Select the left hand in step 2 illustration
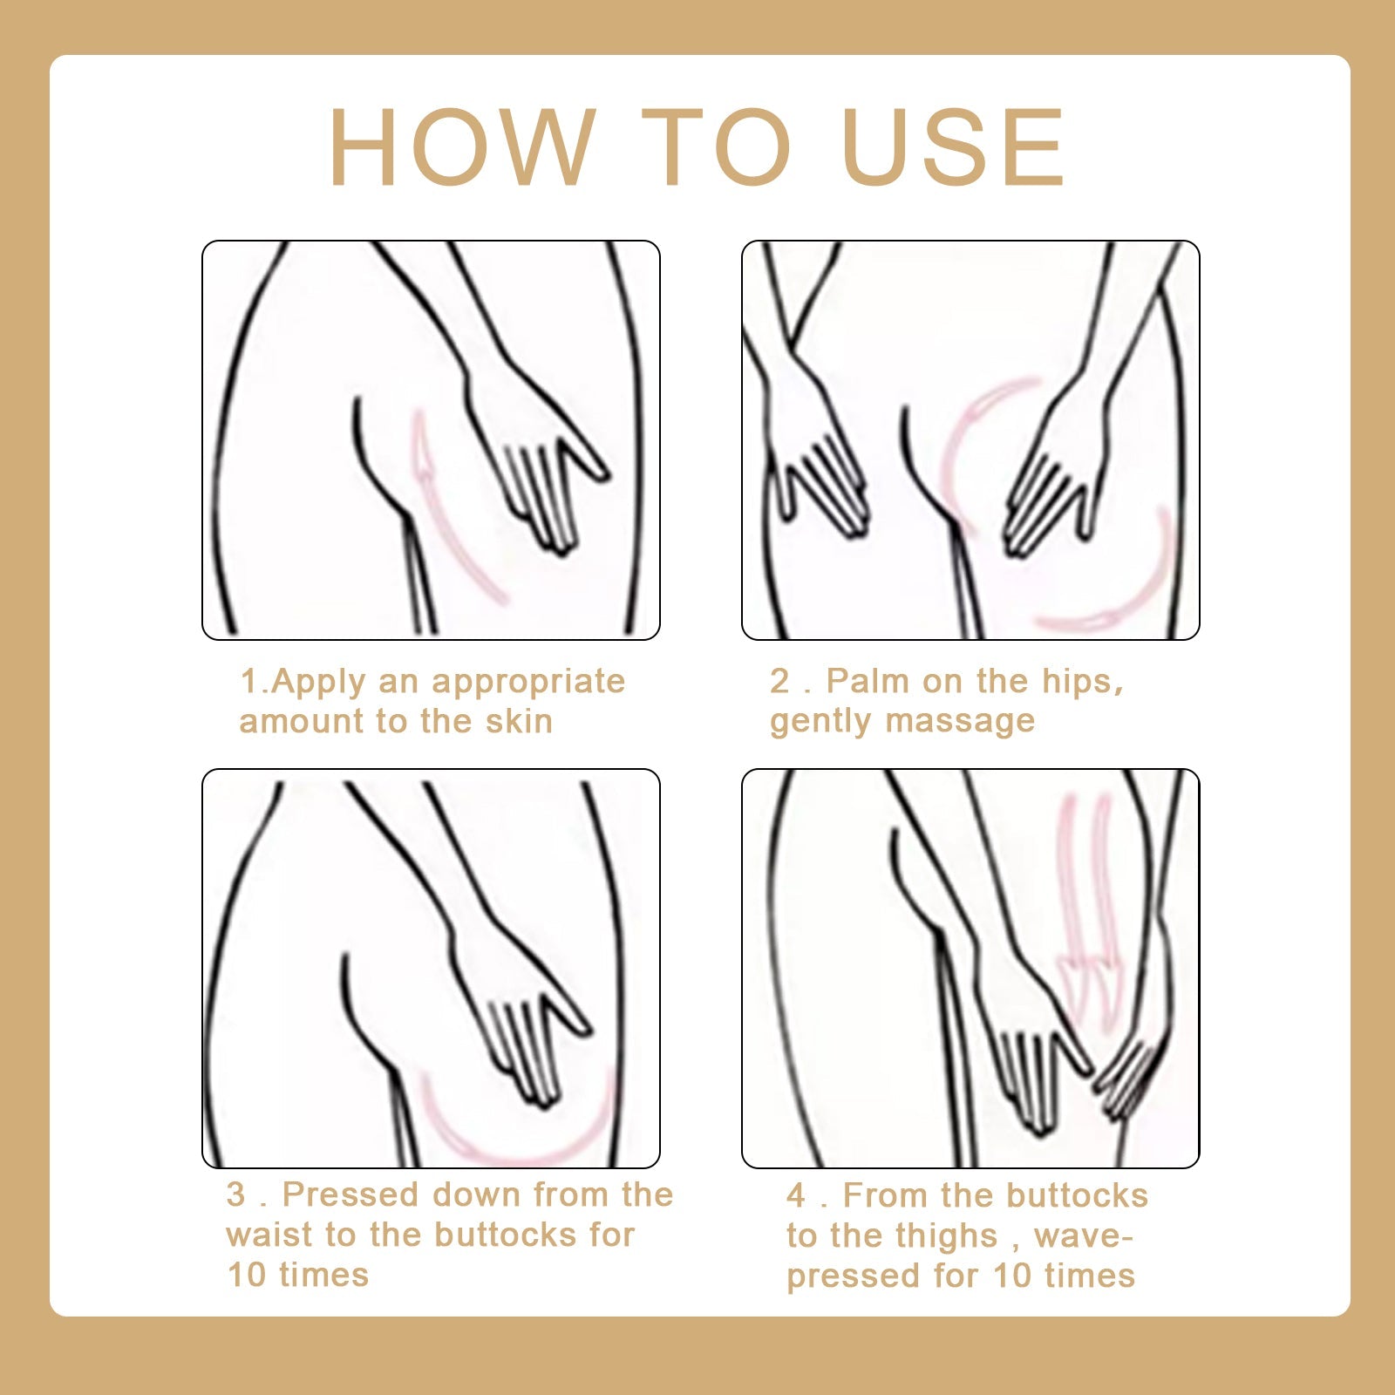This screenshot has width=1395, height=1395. coord(820,471)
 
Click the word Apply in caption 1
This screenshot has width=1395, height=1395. coord(318,682)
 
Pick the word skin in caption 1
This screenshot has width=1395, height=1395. coord(518,722)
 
